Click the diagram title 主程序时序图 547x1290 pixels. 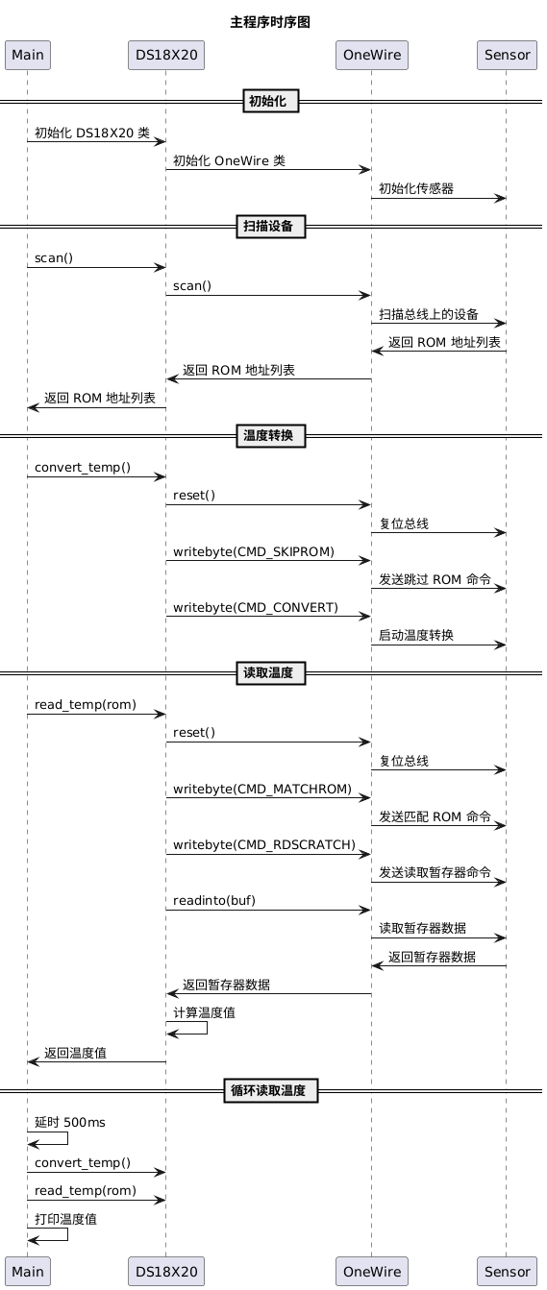(270, 22)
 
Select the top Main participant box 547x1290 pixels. (28, 56)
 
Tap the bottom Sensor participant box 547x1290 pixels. (507, 1272)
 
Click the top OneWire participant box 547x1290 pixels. (372, 56)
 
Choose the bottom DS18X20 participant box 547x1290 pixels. (166, 1272)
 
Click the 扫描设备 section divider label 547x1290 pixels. (271, 227)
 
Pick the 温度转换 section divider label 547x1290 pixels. (271, 436)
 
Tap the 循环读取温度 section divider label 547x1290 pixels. (271, 1090)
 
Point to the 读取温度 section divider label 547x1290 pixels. (271, 672)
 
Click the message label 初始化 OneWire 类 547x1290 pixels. (230, 160)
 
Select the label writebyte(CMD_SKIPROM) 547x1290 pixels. (254, 551)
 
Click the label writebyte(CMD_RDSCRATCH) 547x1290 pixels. (264, 845)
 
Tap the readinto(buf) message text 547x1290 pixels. (213, 901)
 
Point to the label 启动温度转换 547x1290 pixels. (416, 635)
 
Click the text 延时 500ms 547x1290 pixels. (70, 1123)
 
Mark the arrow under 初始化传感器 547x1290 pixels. (438, 198)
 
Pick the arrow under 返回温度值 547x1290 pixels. (97, 1062)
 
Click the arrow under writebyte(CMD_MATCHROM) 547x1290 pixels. (268, 797)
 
